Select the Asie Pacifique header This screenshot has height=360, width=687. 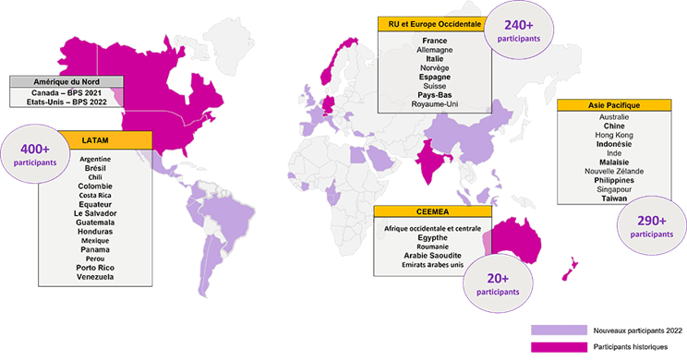pos(602,105)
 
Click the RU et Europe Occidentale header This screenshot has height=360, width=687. pos(434,25)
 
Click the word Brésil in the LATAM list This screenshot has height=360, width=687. pos(95,169)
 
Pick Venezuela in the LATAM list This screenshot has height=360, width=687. pos(95,277)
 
